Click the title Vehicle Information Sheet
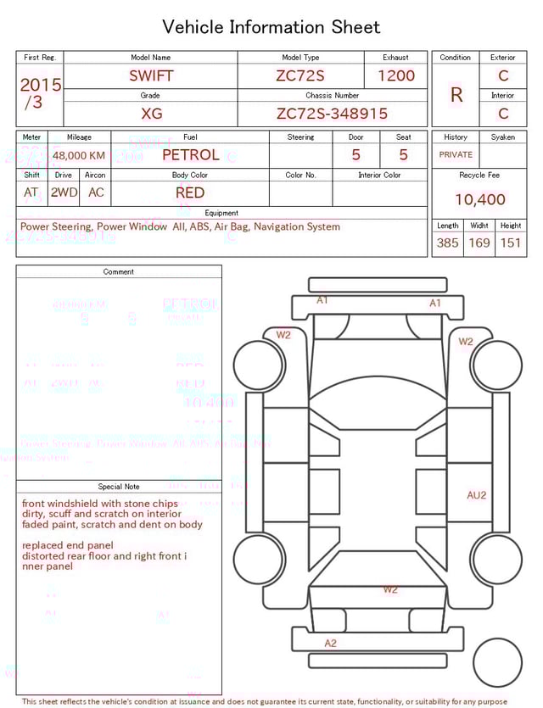[x=271, y=27]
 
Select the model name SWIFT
[x=151, y=75]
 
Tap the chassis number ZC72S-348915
[x=332, y=114]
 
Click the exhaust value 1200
[x=396, y=75]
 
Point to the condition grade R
[x=456, y=95]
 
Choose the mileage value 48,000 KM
[x=79, y=156]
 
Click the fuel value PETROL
[x=190, y=155]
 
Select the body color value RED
[x=190, y=192]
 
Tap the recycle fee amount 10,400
[x=480, y=200]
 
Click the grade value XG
[x=151, y=114]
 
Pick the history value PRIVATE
[x=456, y=155]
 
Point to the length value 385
[x=447, y=243]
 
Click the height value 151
[x=511, y=243]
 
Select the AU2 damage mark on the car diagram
[x=477, y=495]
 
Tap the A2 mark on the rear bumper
[x=331, y=643]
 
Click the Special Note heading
[x=119, y=487]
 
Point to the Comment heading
[x=119, y=272]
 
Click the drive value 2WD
[x=64, y=192]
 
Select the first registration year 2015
[x=40, y=85]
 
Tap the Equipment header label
[x=221, y=213]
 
